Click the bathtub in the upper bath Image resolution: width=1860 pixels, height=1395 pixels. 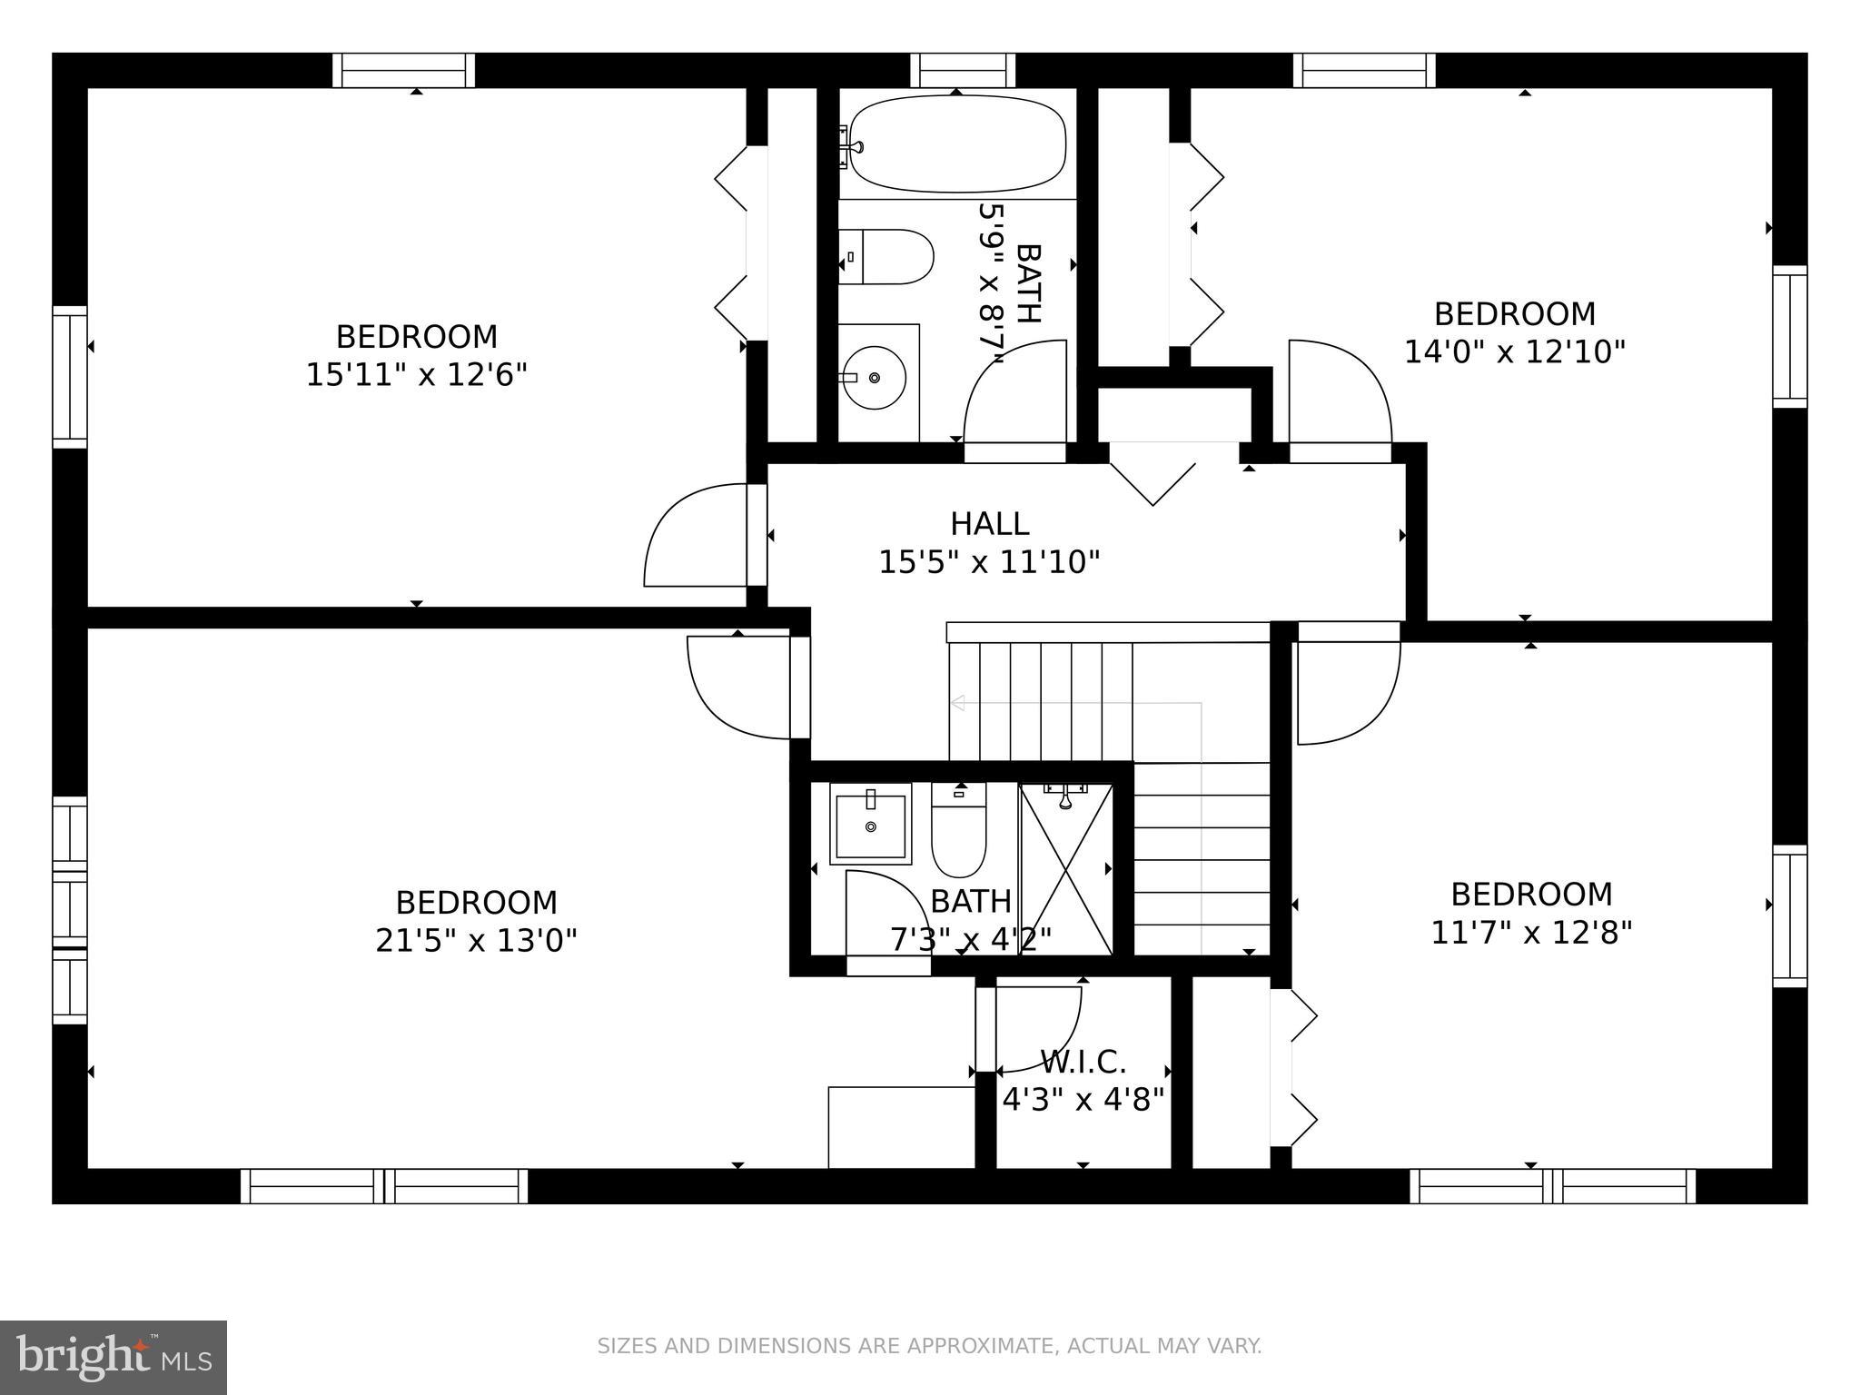coord(957,143)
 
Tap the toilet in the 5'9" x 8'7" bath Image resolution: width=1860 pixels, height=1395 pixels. coord(890,257)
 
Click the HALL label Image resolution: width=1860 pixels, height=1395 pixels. coord(989,524)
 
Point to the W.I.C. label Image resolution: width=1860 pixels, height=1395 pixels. coord(1083,1061)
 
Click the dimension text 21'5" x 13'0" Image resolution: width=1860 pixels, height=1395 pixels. coord(476,940)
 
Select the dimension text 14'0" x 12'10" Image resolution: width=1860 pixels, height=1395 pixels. coord(1514,351)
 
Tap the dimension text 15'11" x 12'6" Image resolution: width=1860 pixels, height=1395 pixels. coord(416,374)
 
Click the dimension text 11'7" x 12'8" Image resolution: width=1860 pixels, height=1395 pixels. coord(1531,932)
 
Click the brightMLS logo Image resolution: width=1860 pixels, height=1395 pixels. coord(113,1357)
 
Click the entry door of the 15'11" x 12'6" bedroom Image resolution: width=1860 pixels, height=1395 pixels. coord(695,536)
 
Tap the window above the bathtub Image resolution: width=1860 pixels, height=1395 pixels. coord(963,70)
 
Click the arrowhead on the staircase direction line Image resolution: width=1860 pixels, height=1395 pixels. coord(956,703)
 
